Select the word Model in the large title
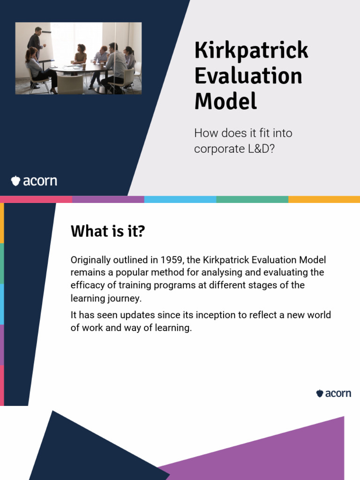click(x=225, y=101)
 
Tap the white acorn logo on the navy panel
click(x=34, y=180)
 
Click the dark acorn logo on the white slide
click(x=333, y=393)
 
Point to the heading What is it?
click(x=107, y=231)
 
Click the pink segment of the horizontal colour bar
click(x=36, y=199)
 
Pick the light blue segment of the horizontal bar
click(x=180, y=199)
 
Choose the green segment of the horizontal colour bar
click(x=252, y=199)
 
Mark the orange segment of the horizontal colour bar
click(x=324, y=199)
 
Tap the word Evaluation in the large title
click(x=248, y=76)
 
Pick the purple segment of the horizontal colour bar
click(x=108, y=199)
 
